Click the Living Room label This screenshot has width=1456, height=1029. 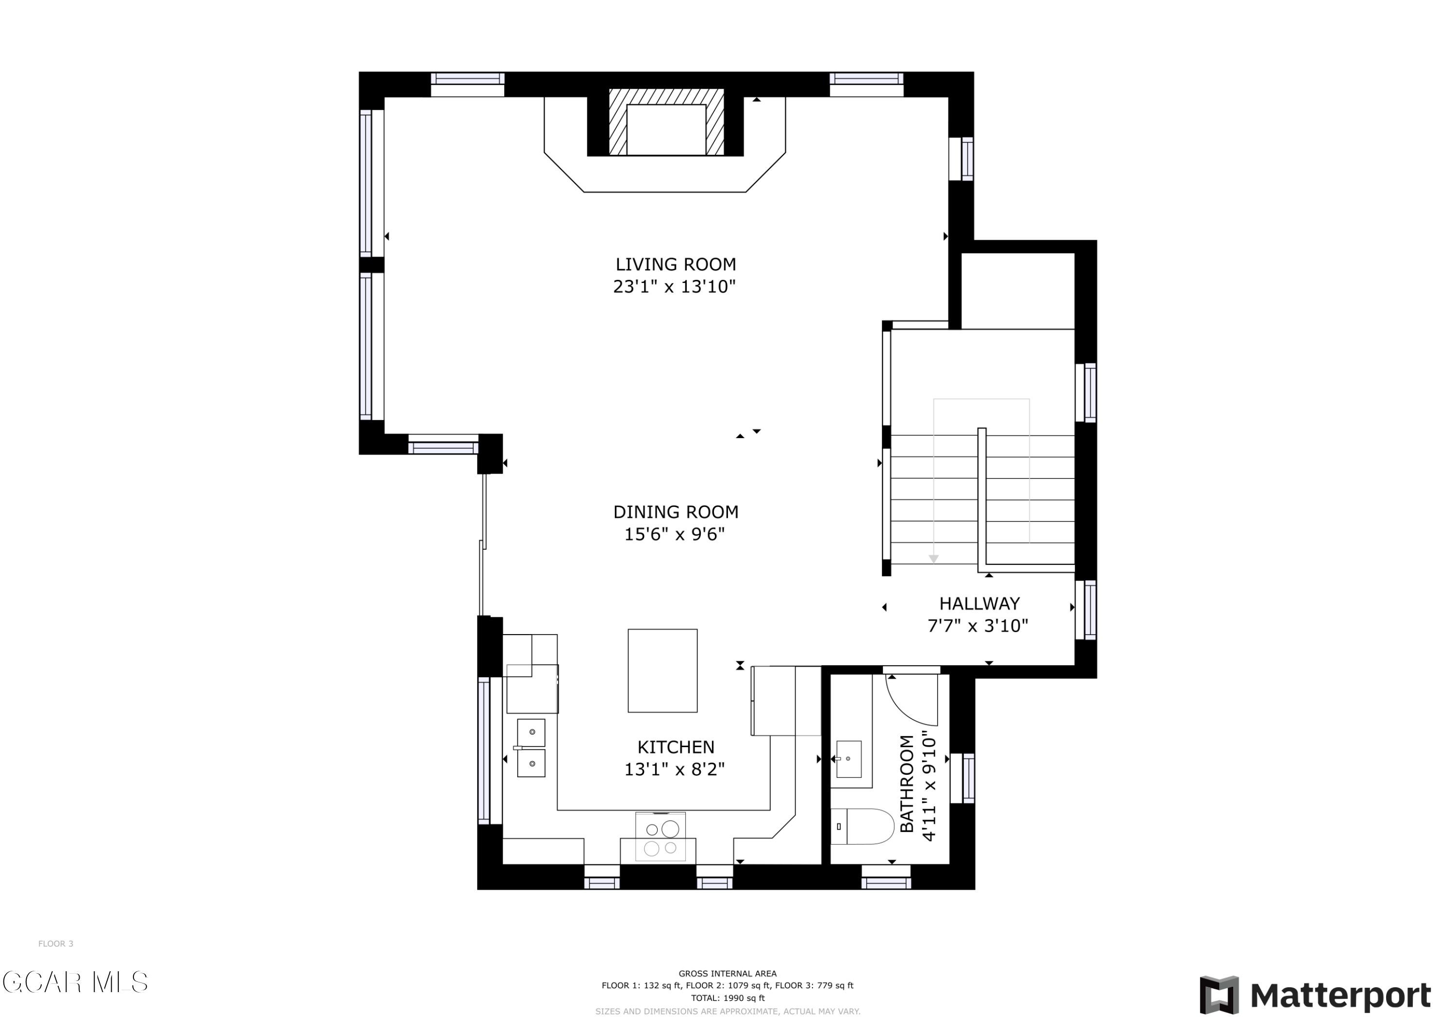pos(676,264)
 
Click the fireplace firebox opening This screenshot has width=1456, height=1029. pos(666,130)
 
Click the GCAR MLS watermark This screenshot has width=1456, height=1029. pos(75,982)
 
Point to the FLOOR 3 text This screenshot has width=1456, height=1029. pos(56,944)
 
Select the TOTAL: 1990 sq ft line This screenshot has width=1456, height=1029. pos(728,998)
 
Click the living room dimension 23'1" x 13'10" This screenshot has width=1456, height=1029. pos(674,287)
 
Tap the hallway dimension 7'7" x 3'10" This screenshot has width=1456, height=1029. pos(978,626)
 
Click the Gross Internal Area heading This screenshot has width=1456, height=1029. pos(728,973)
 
